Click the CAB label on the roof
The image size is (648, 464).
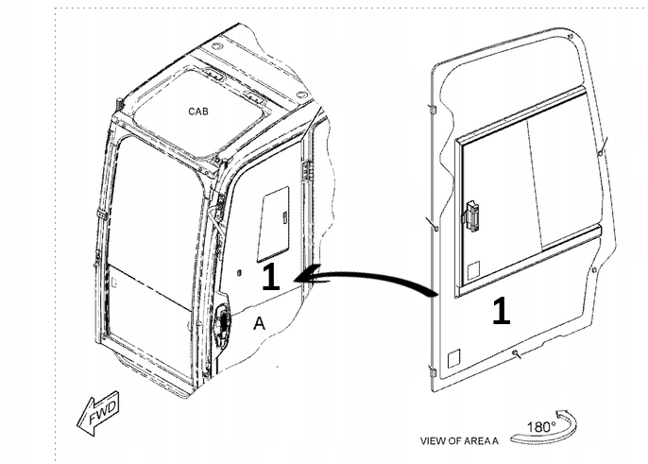[198, 112]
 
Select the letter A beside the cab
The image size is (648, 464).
[259, 324]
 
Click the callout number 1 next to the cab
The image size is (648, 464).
[270, 276]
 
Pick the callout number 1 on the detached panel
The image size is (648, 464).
[502, 311]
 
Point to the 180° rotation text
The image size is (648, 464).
[540, 427]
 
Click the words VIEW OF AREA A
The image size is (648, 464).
[459, 441]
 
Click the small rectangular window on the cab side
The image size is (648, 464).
[273, 223]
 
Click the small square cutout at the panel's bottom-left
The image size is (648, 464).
[452, 358]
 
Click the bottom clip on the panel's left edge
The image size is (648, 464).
[433, 370]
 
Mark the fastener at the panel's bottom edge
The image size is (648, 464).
[515, 353]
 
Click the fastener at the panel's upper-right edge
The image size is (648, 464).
[602, 150]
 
